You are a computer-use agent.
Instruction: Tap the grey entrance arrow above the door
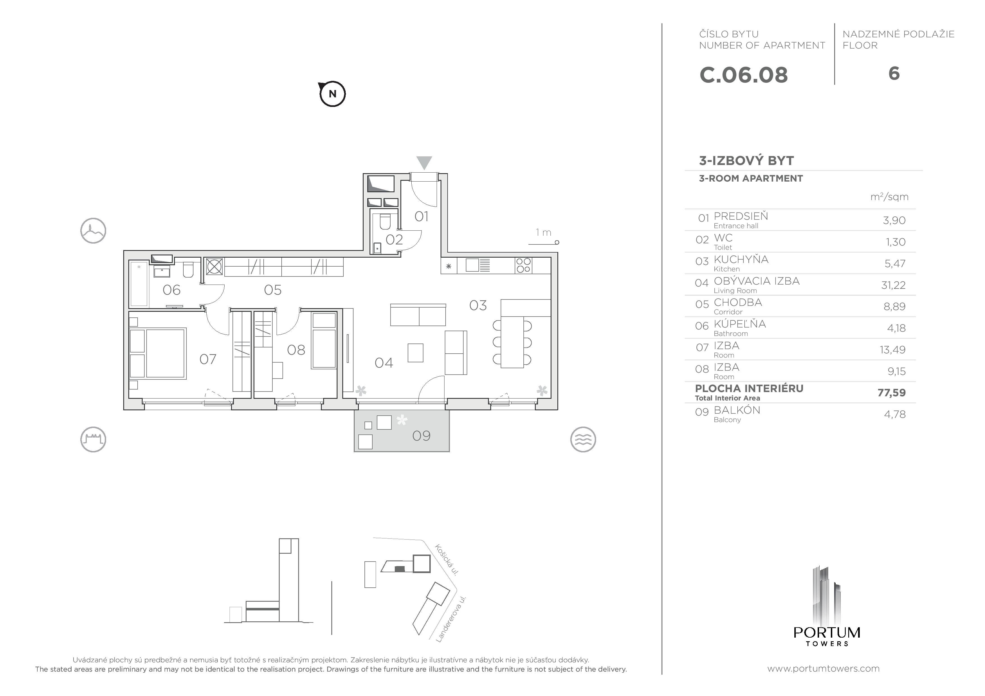click(x=424, y=162)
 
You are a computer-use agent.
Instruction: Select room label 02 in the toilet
click(x=394, y=239)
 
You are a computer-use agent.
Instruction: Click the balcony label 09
click(x=421, y=436)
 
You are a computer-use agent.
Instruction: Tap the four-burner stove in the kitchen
click(x=523, y=265)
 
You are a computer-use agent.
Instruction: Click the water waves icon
click(x=583, y=439)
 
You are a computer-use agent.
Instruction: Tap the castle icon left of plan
click(x=93, y=439)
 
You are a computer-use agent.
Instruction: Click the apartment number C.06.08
click(x=744, y=75)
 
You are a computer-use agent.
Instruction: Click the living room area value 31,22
click(x=893, y=285)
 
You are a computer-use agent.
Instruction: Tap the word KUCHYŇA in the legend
click(x=741, y=259)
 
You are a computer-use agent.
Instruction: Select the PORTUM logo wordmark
click(x=827, y=633)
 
